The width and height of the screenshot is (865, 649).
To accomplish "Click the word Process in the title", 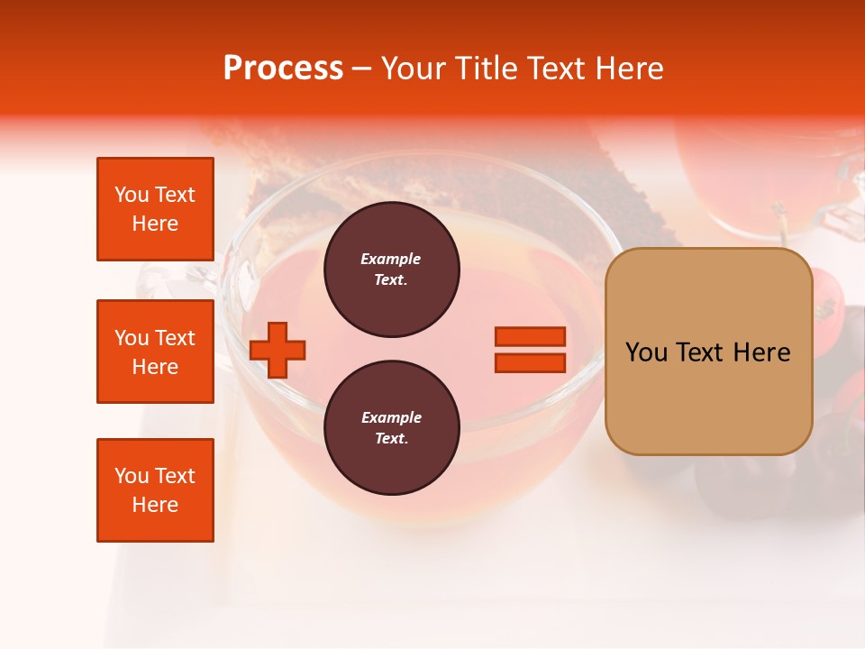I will (x=283, y=69).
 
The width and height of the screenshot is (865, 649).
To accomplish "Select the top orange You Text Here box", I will (x=155, y=209).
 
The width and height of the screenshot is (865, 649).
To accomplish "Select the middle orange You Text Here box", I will (x=155, y=352).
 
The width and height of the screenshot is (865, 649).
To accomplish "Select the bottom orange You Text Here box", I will (x=155, y=490).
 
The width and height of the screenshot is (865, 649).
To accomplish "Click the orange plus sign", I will (x=278, y=350).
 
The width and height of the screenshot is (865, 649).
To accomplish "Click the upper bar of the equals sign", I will (x=530, y=336).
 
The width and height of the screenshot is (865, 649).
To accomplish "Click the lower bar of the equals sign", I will (x=530, y=363).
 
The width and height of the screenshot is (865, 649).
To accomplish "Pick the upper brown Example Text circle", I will (x=391, y=270).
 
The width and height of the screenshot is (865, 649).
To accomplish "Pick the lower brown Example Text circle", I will (x=391, y=428).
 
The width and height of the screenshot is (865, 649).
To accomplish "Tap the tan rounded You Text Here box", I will (x=708, y=352).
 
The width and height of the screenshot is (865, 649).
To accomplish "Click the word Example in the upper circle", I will (x=391, y=259).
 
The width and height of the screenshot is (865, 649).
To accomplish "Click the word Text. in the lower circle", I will (x=391, y=439).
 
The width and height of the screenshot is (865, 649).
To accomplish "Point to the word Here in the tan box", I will (x=761, y=352).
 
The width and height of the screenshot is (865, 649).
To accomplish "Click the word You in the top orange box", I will (x=132, y=195).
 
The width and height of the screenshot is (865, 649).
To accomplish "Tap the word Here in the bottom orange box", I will (x=155, y=505).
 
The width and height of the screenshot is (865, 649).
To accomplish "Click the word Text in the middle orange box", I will (x=174, y=338).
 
